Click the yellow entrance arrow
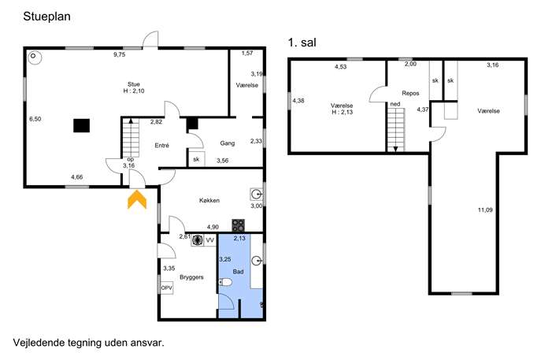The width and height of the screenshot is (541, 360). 137,199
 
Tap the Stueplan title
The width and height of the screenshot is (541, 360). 47,17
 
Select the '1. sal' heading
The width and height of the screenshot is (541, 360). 302,43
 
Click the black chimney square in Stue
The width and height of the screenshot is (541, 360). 81,125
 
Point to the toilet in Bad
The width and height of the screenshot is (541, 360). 226,282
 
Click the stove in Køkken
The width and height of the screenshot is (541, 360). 238,226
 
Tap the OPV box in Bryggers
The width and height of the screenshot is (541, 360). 167,288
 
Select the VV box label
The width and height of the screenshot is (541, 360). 209,240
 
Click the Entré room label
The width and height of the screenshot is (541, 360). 161,145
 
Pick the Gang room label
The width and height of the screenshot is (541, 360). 228,143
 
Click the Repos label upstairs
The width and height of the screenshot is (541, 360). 410,93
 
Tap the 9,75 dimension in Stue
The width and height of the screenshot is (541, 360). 120,54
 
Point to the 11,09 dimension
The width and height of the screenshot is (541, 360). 485,210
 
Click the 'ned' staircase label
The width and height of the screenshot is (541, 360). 395,104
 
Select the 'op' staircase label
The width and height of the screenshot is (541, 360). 131,159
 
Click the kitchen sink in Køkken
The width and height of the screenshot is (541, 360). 257,195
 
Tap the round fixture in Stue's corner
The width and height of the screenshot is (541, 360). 34,58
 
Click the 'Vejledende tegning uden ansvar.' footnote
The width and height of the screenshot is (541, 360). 89,343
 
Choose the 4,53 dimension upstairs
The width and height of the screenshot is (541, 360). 340,67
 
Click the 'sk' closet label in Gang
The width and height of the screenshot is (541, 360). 196,159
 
